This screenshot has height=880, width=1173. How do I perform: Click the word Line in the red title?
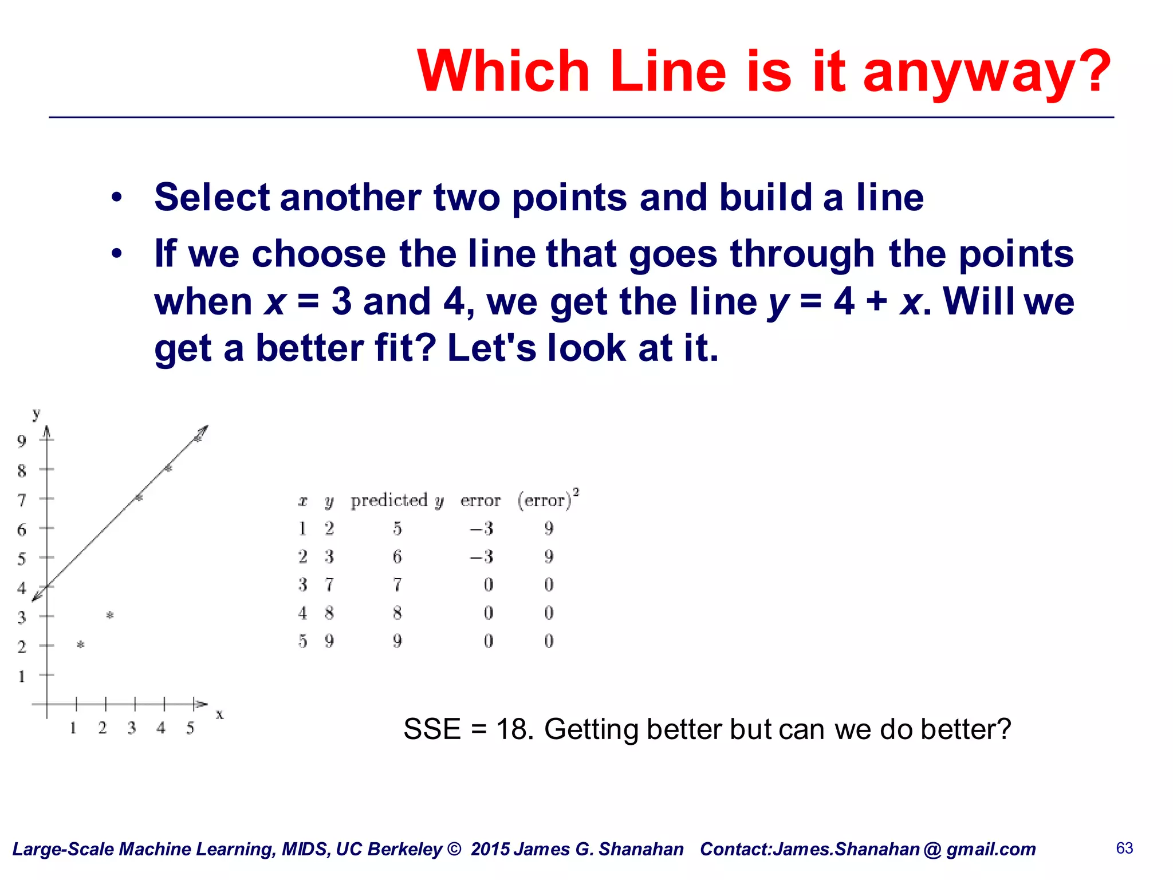668,72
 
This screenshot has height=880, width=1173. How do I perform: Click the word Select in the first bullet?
212,197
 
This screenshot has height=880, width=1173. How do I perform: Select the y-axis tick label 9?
22,441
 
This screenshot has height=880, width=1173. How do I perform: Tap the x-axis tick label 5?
190,728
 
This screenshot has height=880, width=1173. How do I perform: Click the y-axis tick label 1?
22,677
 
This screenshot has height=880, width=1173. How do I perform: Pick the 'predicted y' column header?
397,501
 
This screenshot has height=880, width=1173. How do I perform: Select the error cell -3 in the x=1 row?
481,528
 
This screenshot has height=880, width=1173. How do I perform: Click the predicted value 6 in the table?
397,556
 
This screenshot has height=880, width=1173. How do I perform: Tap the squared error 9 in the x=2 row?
549,556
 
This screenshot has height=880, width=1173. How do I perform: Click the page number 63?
1124,848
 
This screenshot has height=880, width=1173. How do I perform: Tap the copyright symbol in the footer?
454,849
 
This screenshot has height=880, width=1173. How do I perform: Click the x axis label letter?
219,714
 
